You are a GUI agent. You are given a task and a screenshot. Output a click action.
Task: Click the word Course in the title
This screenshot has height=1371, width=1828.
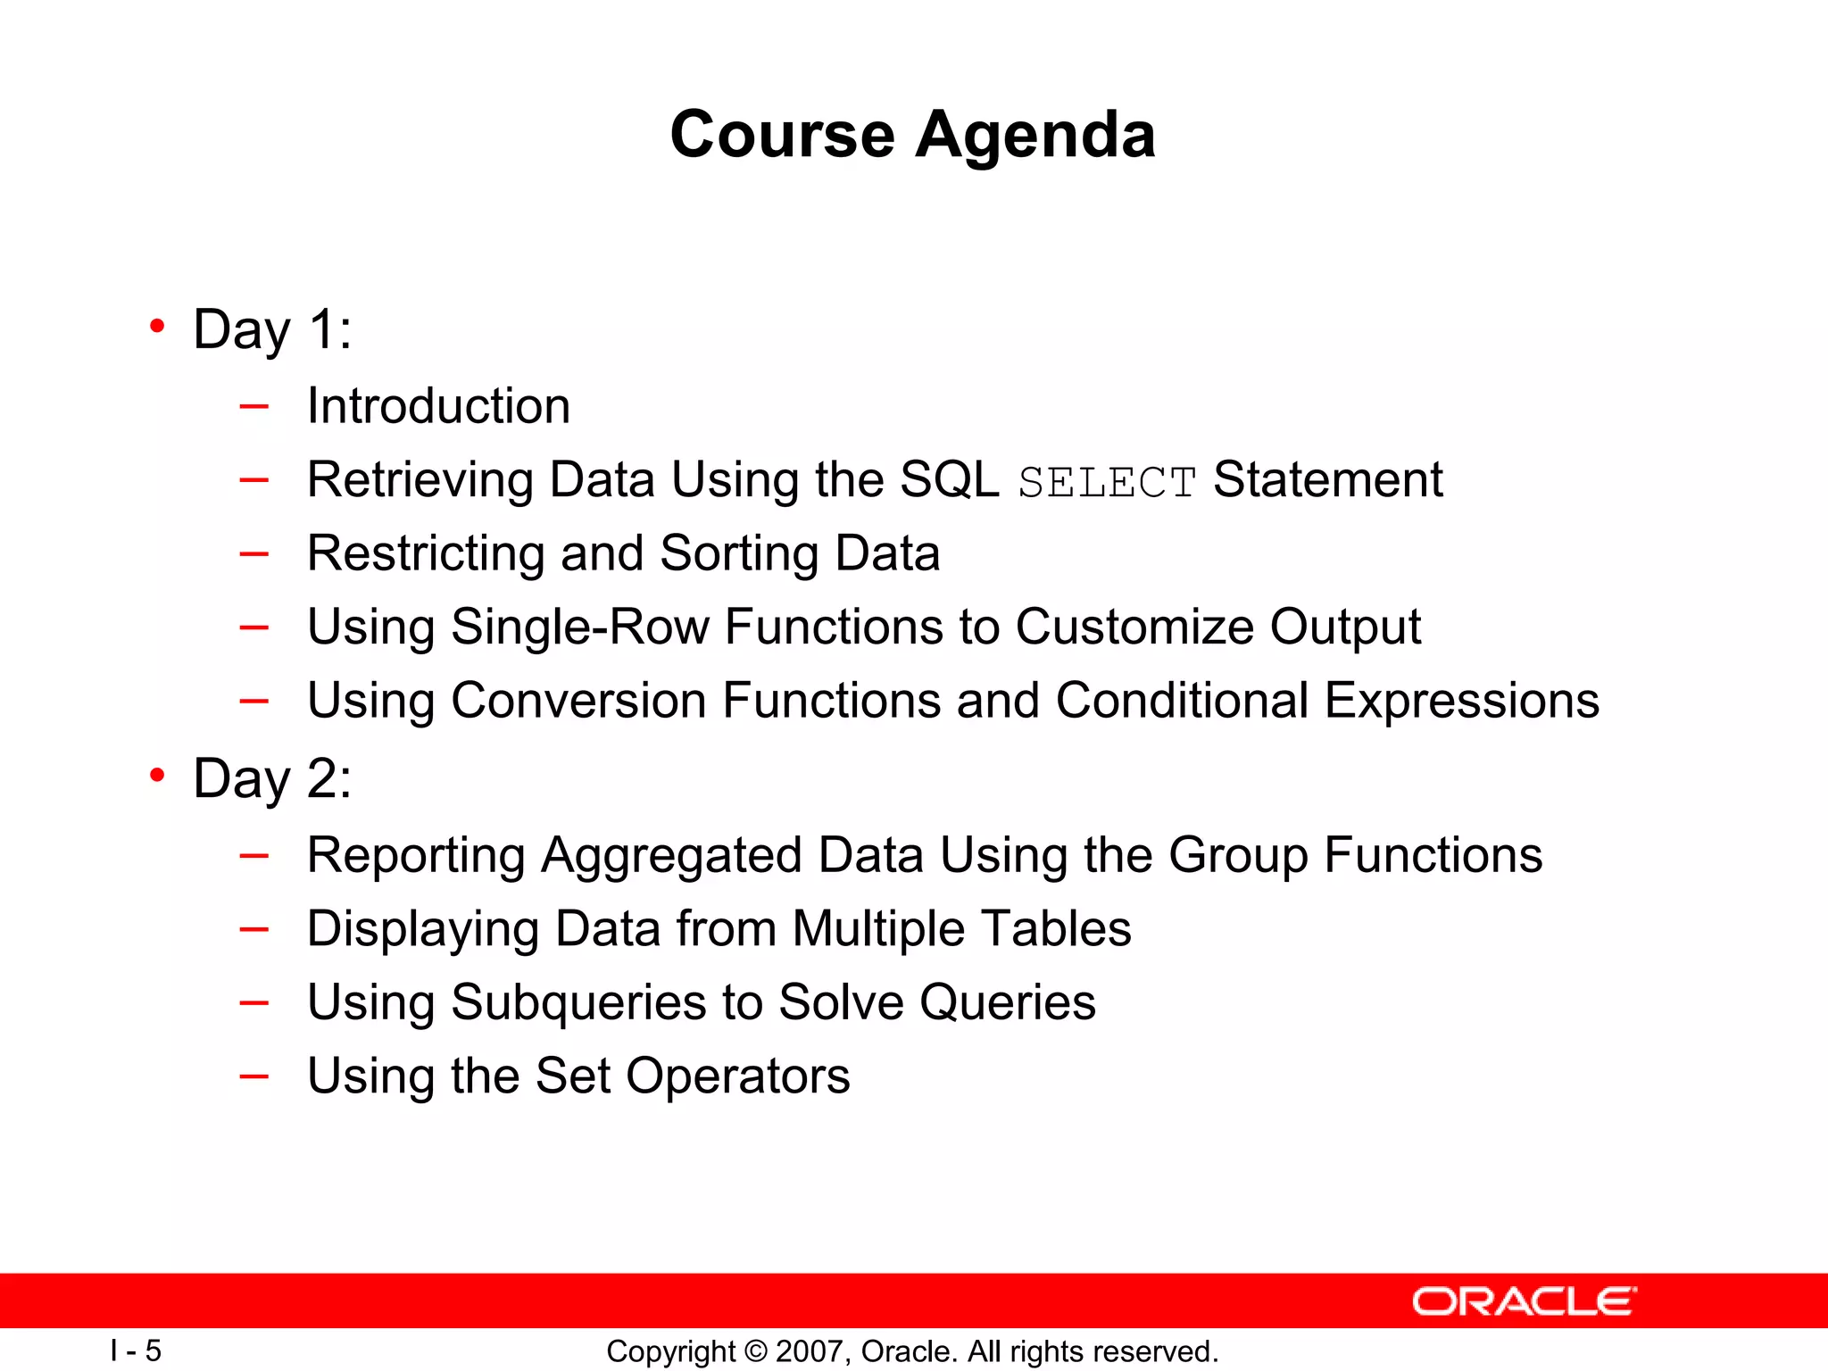[782, 136]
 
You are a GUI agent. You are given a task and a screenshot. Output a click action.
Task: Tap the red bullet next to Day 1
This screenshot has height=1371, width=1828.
[157, 327]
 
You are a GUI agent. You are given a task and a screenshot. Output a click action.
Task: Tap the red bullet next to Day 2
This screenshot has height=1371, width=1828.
[157, 776]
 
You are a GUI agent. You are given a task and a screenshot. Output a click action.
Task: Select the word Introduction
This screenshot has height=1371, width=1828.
[438, 406]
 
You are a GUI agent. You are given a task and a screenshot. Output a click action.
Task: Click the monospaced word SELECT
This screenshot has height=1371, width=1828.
[1107, 483]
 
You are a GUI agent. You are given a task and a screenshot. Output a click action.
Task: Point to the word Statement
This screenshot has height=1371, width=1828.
[1327, 479]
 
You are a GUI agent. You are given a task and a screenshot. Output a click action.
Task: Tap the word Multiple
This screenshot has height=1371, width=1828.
[877, 929]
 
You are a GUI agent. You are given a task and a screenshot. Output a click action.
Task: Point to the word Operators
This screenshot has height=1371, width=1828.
[737, 1076]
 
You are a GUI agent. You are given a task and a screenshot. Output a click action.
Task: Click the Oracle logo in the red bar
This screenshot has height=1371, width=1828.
[1524, 1301]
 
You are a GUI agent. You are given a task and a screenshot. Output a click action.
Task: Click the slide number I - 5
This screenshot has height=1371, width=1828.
[136, 1350]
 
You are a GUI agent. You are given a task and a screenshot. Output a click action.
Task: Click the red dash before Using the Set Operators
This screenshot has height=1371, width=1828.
[254, 1076]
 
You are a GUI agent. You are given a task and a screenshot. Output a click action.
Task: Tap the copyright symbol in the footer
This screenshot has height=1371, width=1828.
[755, 1351]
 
